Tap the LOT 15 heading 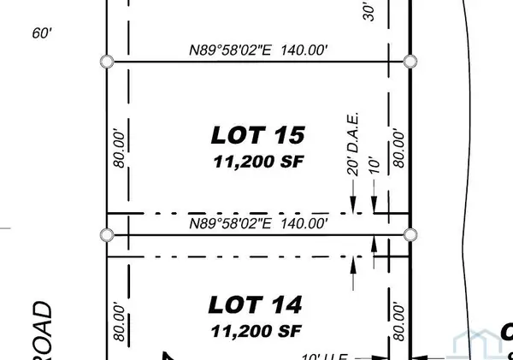click(258, 135)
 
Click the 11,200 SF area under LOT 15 click(258, 160)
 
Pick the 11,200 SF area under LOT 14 click(256, 328)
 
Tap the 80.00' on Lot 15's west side click(121, 147)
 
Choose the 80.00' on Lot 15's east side click(397, 147)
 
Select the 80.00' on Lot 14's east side click(397, 322)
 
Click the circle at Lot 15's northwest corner click(107, 62)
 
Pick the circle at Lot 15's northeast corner click(410, 62)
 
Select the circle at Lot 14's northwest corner click(107, 234)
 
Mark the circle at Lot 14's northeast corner click(410, 234)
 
